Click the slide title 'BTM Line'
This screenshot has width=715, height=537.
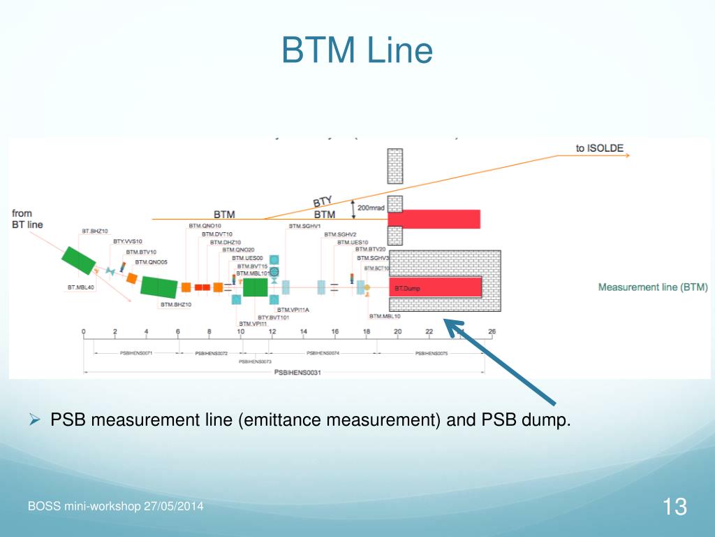(357, 50)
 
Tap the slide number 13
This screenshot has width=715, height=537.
(675, 506)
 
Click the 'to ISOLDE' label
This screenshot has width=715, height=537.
(600, 148)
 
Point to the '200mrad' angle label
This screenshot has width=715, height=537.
(371, 208)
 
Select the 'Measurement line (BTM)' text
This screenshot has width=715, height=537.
(652, 287)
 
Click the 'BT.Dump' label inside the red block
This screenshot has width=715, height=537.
(407, 288)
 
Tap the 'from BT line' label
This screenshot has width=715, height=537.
(28, 219)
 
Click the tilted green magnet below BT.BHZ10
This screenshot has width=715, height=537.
(79, 259)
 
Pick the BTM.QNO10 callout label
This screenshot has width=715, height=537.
(205, 226)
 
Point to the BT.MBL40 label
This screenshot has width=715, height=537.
(80, 287)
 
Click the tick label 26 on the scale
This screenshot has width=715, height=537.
(492, 331)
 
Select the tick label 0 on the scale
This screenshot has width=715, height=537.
(84, 331)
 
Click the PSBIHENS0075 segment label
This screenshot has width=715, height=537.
(431, 354)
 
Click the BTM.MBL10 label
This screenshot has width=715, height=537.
(385, 317)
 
